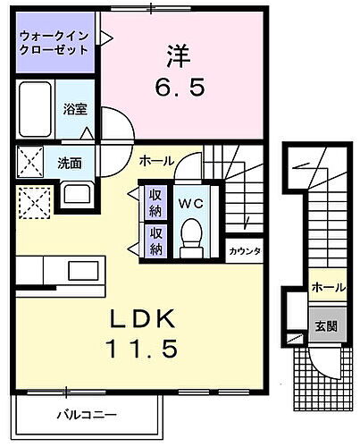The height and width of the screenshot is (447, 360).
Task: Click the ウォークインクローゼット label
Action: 54,43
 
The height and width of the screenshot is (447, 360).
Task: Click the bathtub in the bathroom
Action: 36,111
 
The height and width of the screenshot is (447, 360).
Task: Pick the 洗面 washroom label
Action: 70,163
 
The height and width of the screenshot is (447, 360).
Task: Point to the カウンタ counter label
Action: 243,251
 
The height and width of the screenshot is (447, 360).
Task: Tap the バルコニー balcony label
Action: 88,415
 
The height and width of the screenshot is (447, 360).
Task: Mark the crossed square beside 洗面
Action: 32,163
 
